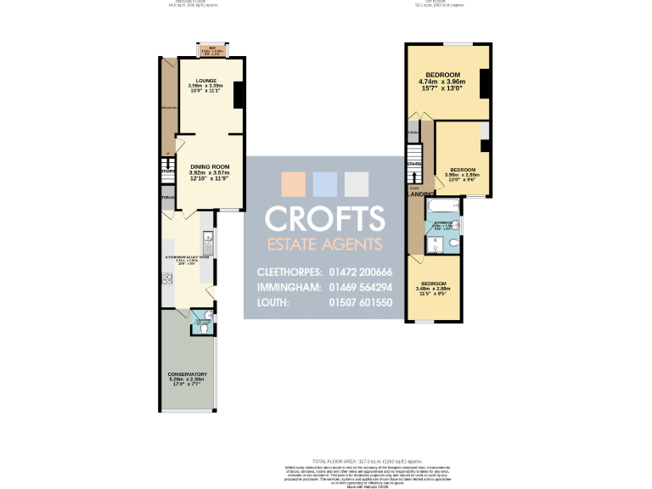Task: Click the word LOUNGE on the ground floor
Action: point(205,80)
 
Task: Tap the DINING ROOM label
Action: point(210,166)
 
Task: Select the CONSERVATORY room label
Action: point(188,374)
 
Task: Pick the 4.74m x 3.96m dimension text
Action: point(449,82)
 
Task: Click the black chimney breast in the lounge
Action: point(239,94)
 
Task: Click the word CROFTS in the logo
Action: point(323,218)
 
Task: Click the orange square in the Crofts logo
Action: point(292,184)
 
